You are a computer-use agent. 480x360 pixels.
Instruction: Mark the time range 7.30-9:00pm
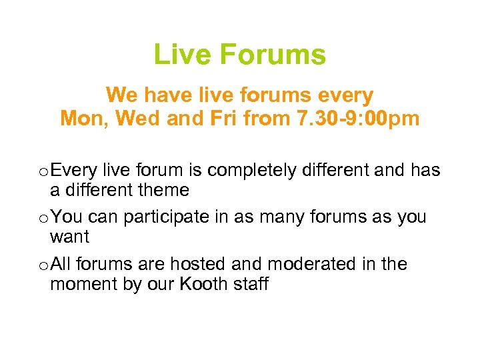[349, 119]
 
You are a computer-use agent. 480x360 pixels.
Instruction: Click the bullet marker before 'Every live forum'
[43, 171]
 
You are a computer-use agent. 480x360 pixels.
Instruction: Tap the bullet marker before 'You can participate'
[43, 218]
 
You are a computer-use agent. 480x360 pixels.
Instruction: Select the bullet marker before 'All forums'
[43, 265]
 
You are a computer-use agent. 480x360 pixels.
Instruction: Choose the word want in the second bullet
[70, 237]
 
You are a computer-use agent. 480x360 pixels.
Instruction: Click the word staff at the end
[250, 284]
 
